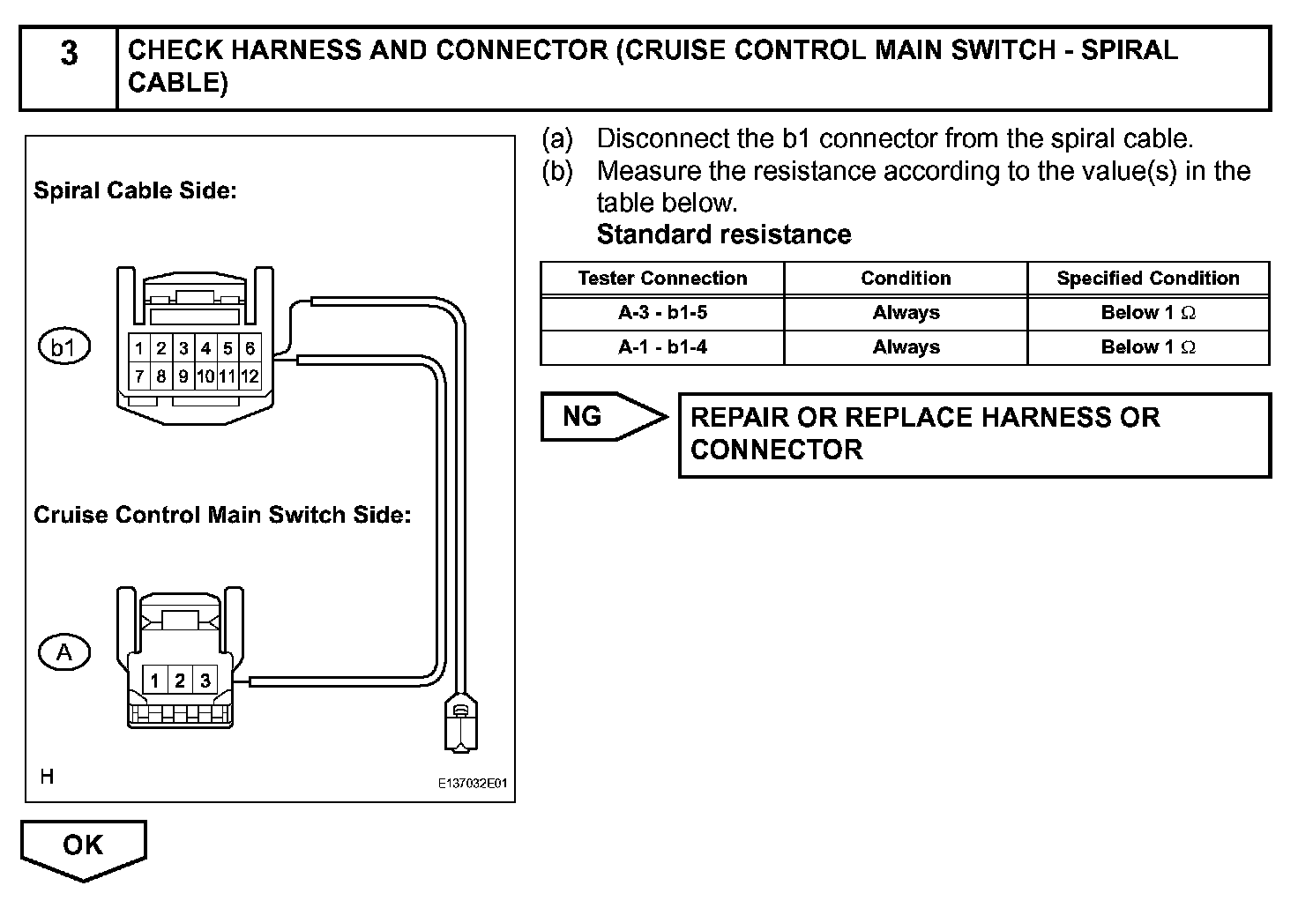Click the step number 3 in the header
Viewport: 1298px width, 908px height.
pyautogui.click(x=68, y=55)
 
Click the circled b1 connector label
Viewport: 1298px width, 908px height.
pyautogui.click(x=63, y=347)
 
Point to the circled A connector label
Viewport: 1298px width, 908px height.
pyautogui.click(x=64, y=652)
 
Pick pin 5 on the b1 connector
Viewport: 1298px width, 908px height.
pyautogui.click(x=228, y=348)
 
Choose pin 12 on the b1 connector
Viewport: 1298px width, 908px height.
pyautogui.click(x=250, y=377)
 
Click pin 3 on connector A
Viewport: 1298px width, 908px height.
pyautogui.click(x=205, y=681)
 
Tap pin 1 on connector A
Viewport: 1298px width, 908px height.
pyautogui.click(x=154, y=681)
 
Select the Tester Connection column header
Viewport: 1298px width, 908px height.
pyautogui.click(x=662, y=279)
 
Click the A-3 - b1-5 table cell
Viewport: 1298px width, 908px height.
pyautogui.click(x=662, y=313)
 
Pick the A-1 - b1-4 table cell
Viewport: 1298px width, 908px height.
pyautogui.click(x=662, y=347)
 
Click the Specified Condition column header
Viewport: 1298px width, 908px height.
pyautogui.click(x=1148, y=279)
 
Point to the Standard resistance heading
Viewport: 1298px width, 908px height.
pyautogui.click(x=724, y=234)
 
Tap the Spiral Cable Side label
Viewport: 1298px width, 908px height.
pyautogui.click(x=135, y=190)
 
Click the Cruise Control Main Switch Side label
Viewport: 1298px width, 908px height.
pyautogui.click(x=222, y=515)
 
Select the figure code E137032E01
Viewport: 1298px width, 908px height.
pyautogui.click(x=473, y=783)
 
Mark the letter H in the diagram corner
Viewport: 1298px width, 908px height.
pyautogui.click(x=47, y=777)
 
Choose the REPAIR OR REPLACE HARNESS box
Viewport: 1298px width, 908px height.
pyautogui.click(x=974, y=435)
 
